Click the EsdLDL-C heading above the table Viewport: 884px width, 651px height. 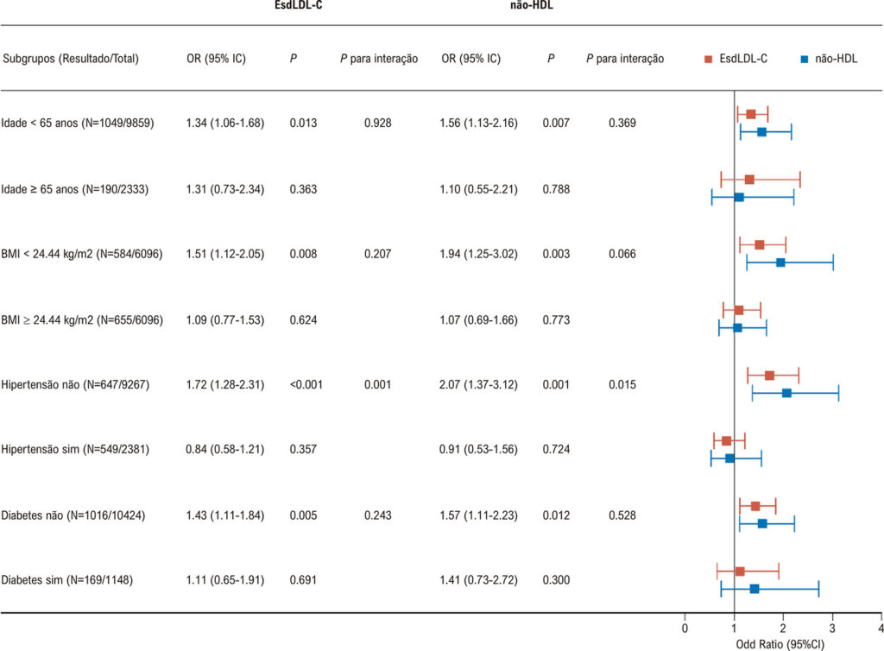point(298,5)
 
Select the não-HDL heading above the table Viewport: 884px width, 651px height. point(531,5)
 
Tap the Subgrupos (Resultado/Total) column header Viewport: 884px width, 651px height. point(71,59)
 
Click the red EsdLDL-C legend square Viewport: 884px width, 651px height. point(708,60)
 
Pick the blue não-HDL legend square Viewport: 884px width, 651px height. point(805,60)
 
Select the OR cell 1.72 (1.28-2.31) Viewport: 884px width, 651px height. point(225,384)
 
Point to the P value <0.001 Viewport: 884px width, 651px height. point(306,384)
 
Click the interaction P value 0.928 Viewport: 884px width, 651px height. point(378,123)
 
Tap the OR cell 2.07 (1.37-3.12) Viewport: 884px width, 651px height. point(478,384)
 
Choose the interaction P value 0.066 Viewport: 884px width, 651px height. point(622,254)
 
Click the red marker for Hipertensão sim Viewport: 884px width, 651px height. point(726,441)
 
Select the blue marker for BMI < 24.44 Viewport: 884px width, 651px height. point(780,262)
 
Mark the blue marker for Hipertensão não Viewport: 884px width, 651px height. point(786,393)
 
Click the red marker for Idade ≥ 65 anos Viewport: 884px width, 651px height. point(749,180)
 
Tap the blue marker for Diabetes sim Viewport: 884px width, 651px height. point(755,589)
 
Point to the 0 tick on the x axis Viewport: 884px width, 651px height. point(685,616)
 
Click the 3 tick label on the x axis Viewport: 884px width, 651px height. point(832,629)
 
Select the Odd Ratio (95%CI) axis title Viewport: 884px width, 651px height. point(780,644)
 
